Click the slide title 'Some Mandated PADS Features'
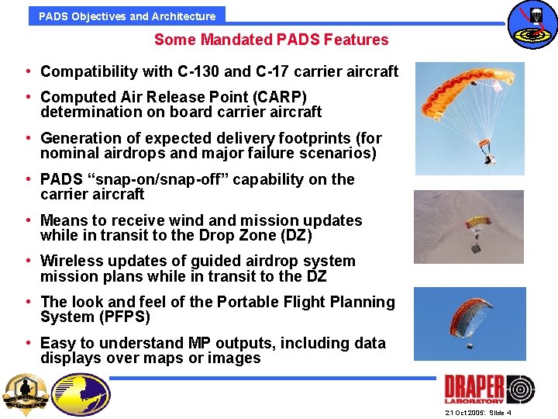(271, 40)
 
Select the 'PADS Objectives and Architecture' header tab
(127, 16)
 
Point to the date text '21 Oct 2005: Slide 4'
(478, 413)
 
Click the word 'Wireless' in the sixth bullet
(71, 261)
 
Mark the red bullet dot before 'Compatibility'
(28, 72)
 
